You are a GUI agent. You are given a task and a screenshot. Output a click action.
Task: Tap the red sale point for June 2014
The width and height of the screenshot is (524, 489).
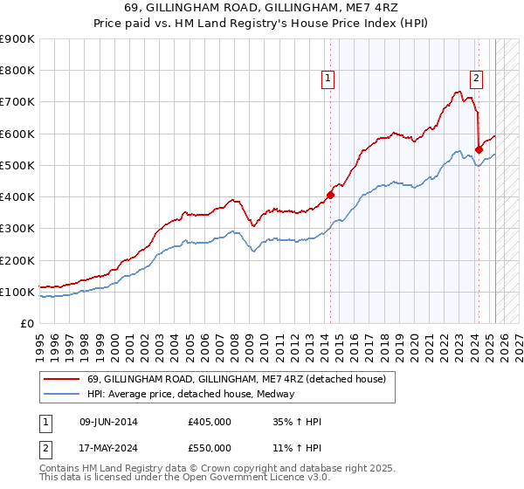[x=331, y=195]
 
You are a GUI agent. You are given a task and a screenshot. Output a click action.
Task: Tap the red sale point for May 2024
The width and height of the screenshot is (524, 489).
[x=479, y=149]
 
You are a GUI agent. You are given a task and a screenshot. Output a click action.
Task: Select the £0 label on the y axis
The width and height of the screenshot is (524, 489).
[x=27, y=323]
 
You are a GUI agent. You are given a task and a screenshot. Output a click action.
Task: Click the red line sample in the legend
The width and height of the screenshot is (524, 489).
[x=62, y=378]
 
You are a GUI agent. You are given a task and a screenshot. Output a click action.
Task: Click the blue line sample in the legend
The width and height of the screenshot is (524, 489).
[x=62, y=394]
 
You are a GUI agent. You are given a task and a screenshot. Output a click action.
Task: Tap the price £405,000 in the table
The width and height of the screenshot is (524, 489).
[x=209, y=422]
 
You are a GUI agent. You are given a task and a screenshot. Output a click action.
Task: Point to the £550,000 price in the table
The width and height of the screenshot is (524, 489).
[x=209, y=447]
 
